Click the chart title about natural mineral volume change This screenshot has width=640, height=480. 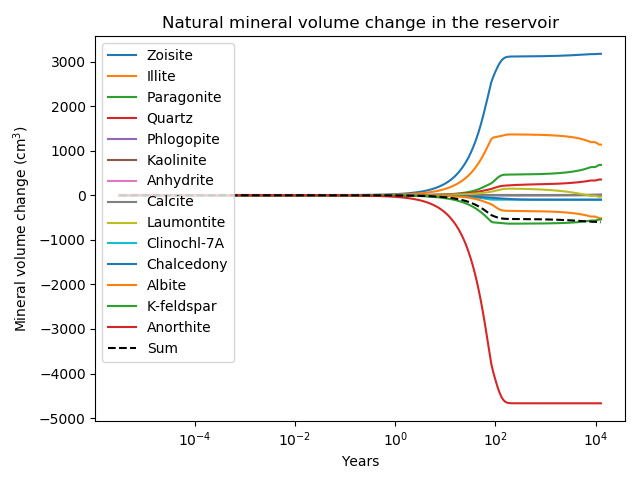(360, 22)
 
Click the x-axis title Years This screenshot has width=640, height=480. (360, 461)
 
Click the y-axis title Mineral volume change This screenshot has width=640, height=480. (21, 228)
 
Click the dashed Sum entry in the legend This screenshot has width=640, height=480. (162, 348)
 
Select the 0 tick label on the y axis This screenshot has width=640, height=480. (84, 196)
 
